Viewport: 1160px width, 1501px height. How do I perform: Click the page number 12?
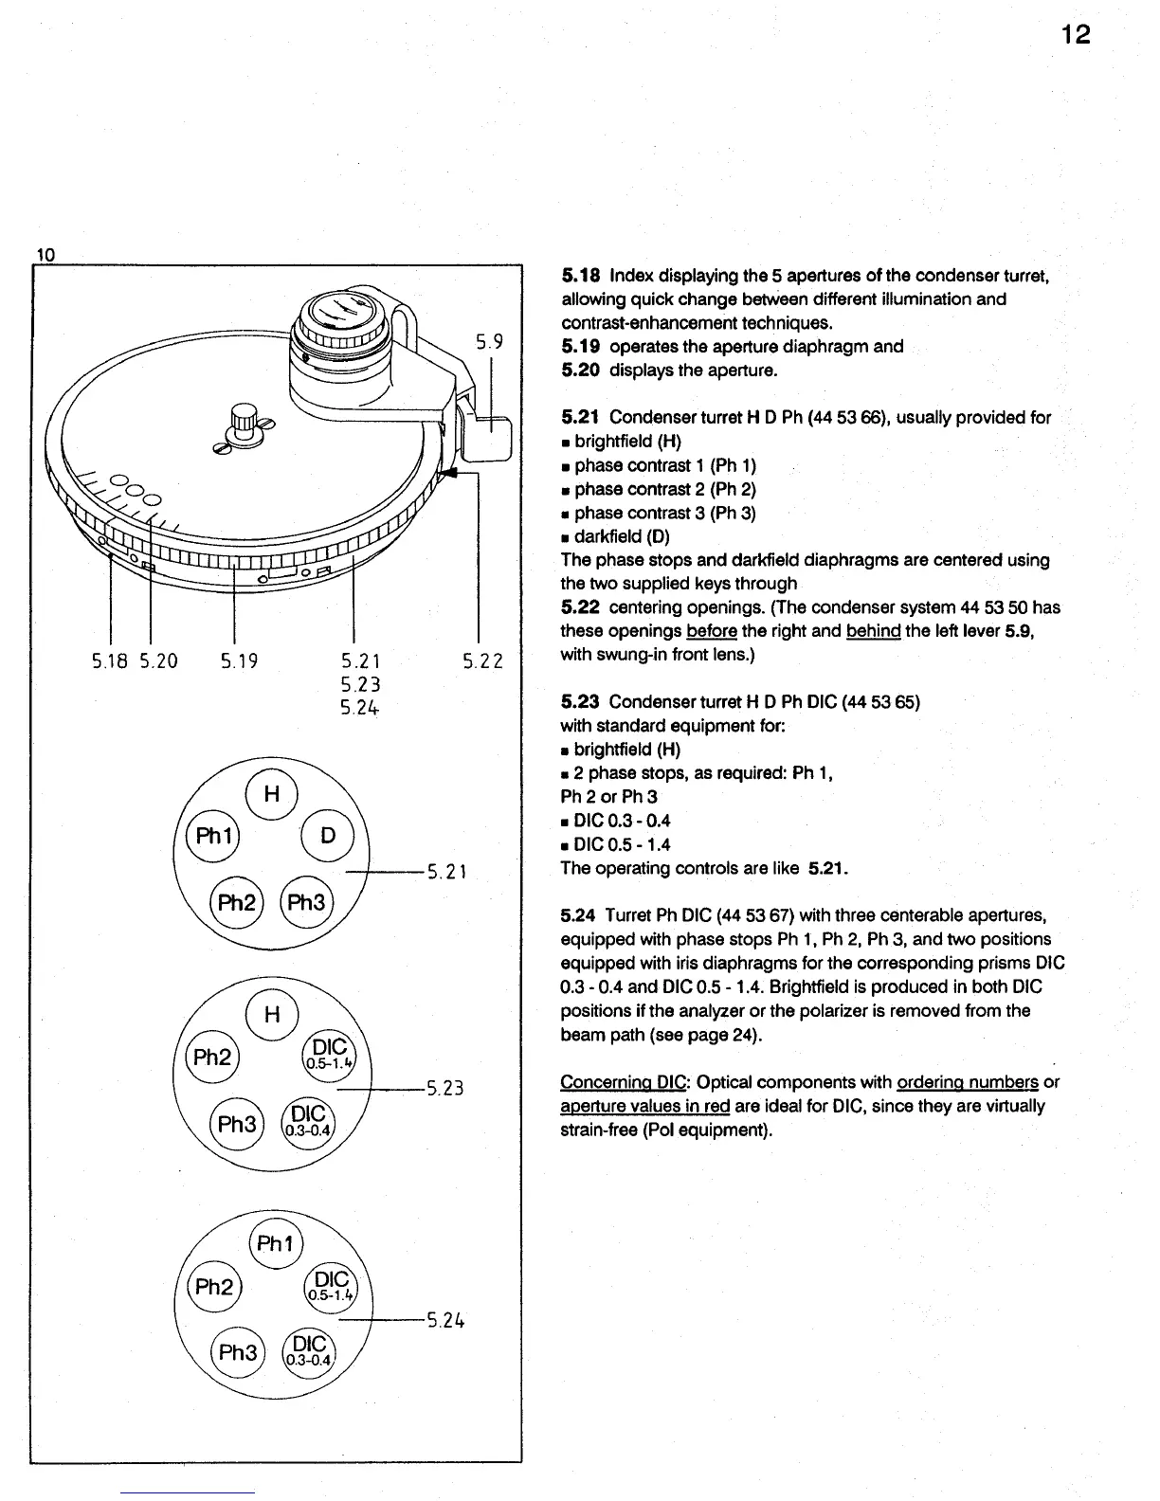[x=1075, y=35]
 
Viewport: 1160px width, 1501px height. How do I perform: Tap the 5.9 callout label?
[x=489, y=341]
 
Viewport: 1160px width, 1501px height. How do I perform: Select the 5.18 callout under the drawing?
[x=112, y=660]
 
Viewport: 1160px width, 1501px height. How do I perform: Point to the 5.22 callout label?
[x=482, y=660]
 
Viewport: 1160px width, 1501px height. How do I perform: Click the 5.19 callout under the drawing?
[x=239, y=660]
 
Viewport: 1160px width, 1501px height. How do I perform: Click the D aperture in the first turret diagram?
[x=327, y=836]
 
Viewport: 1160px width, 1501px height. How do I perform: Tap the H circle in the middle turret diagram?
[x=272, y=1014]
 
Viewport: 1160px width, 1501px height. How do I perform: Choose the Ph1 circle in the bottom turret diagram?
[x=274, y=1242]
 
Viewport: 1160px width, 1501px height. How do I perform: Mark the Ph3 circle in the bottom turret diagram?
[x=238, y=1352]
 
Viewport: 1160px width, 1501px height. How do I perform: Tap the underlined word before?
[x=712, y=631]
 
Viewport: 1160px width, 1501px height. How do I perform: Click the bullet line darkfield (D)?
[x=621, y=536]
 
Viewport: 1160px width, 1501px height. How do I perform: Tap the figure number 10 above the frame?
[x=45, y=254]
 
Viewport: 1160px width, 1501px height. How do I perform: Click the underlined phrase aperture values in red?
[x=644, y=1106]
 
